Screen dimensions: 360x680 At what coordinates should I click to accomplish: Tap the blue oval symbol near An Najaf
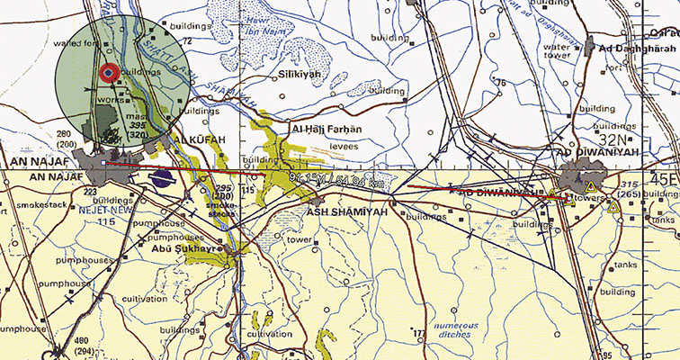[x=163, y=178]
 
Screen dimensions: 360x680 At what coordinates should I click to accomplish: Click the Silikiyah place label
[x=300, y=76]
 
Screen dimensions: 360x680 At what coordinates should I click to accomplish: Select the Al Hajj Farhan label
[x=325, y=129]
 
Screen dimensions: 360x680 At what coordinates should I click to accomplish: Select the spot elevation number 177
[x=418, y=334]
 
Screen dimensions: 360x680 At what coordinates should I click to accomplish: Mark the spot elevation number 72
[x=188, y=41]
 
